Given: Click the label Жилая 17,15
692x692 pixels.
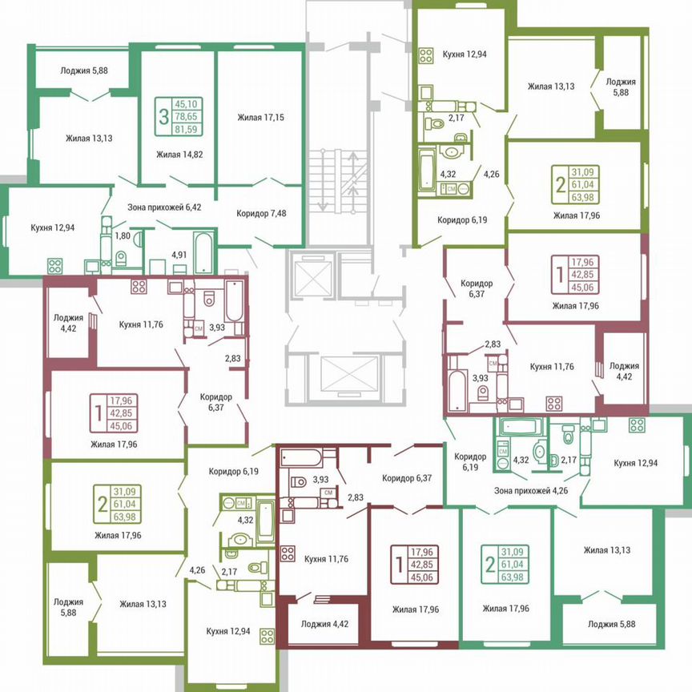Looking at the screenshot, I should (x=260, y=118).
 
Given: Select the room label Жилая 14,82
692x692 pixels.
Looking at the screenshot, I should (x=179, y=155).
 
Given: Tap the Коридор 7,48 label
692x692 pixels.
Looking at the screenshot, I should (x=261, y=213).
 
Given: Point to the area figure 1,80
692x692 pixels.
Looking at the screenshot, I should (x=123, y=236).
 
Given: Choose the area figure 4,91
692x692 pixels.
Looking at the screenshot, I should (x=179, y=256).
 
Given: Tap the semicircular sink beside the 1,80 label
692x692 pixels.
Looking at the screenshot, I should (x=138, y=238).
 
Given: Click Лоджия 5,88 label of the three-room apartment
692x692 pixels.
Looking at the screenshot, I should (x=83, y=70).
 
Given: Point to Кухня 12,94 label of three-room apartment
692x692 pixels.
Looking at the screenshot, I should (x=53, y=227).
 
